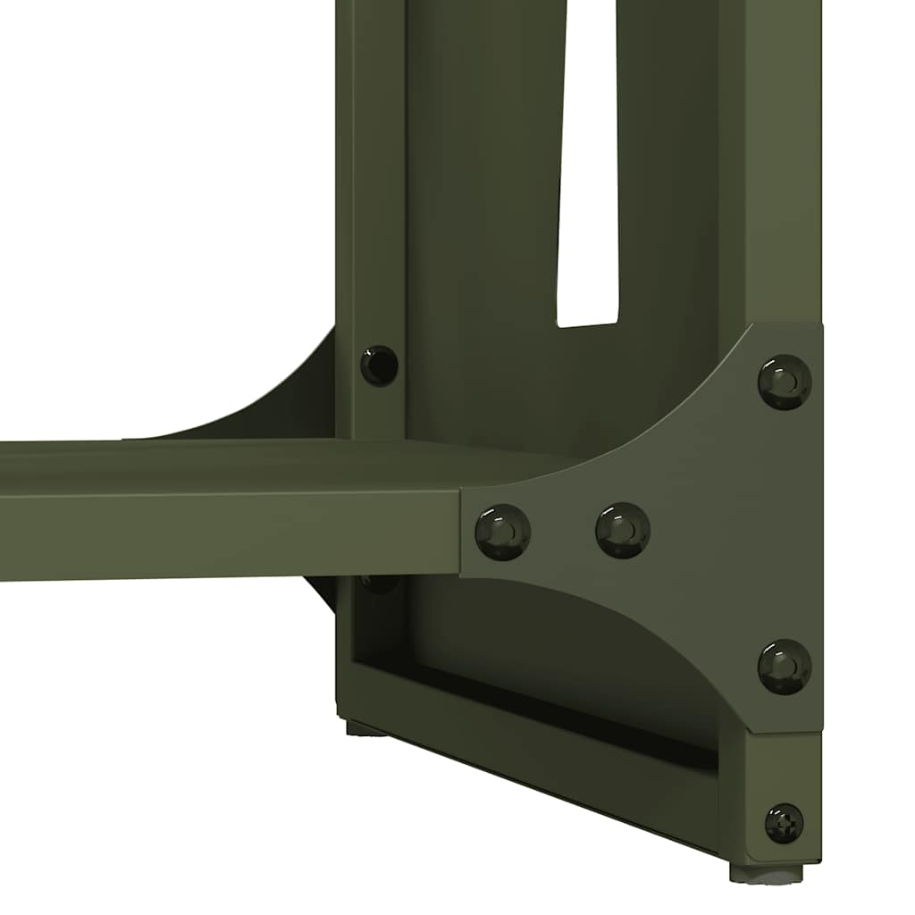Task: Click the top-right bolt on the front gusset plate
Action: coord(785,382)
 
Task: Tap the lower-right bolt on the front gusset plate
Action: coord(785,666)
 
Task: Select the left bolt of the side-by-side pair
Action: coord(502,531)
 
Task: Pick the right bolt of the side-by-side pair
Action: coord(623,530)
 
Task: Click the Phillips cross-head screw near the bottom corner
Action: coord(784,822)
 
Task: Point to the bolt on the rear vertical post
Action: coord(379,365)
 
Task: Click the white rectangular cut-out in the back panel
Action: coord(588,179)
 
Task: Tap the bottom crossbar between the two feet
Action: coord(536,760)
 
